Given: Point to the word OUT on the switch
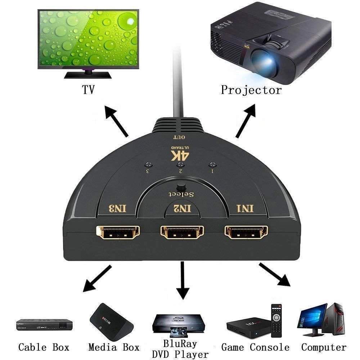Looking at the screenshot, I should click(179, 137).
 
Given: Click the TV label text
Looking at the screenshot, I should click(88, 90).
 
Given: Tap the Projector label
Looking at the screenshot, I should click(251, 90).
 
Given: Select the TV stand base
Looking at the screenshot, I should click(87, 75).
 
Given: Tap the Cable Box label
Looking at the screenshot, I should click(44, 347).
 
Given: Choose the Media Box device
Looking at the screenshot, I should click(111, 321).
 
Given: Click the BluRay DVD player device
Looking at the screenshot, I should click(179, 324).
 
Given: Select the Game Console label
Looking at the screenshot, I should click(255, 347).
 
